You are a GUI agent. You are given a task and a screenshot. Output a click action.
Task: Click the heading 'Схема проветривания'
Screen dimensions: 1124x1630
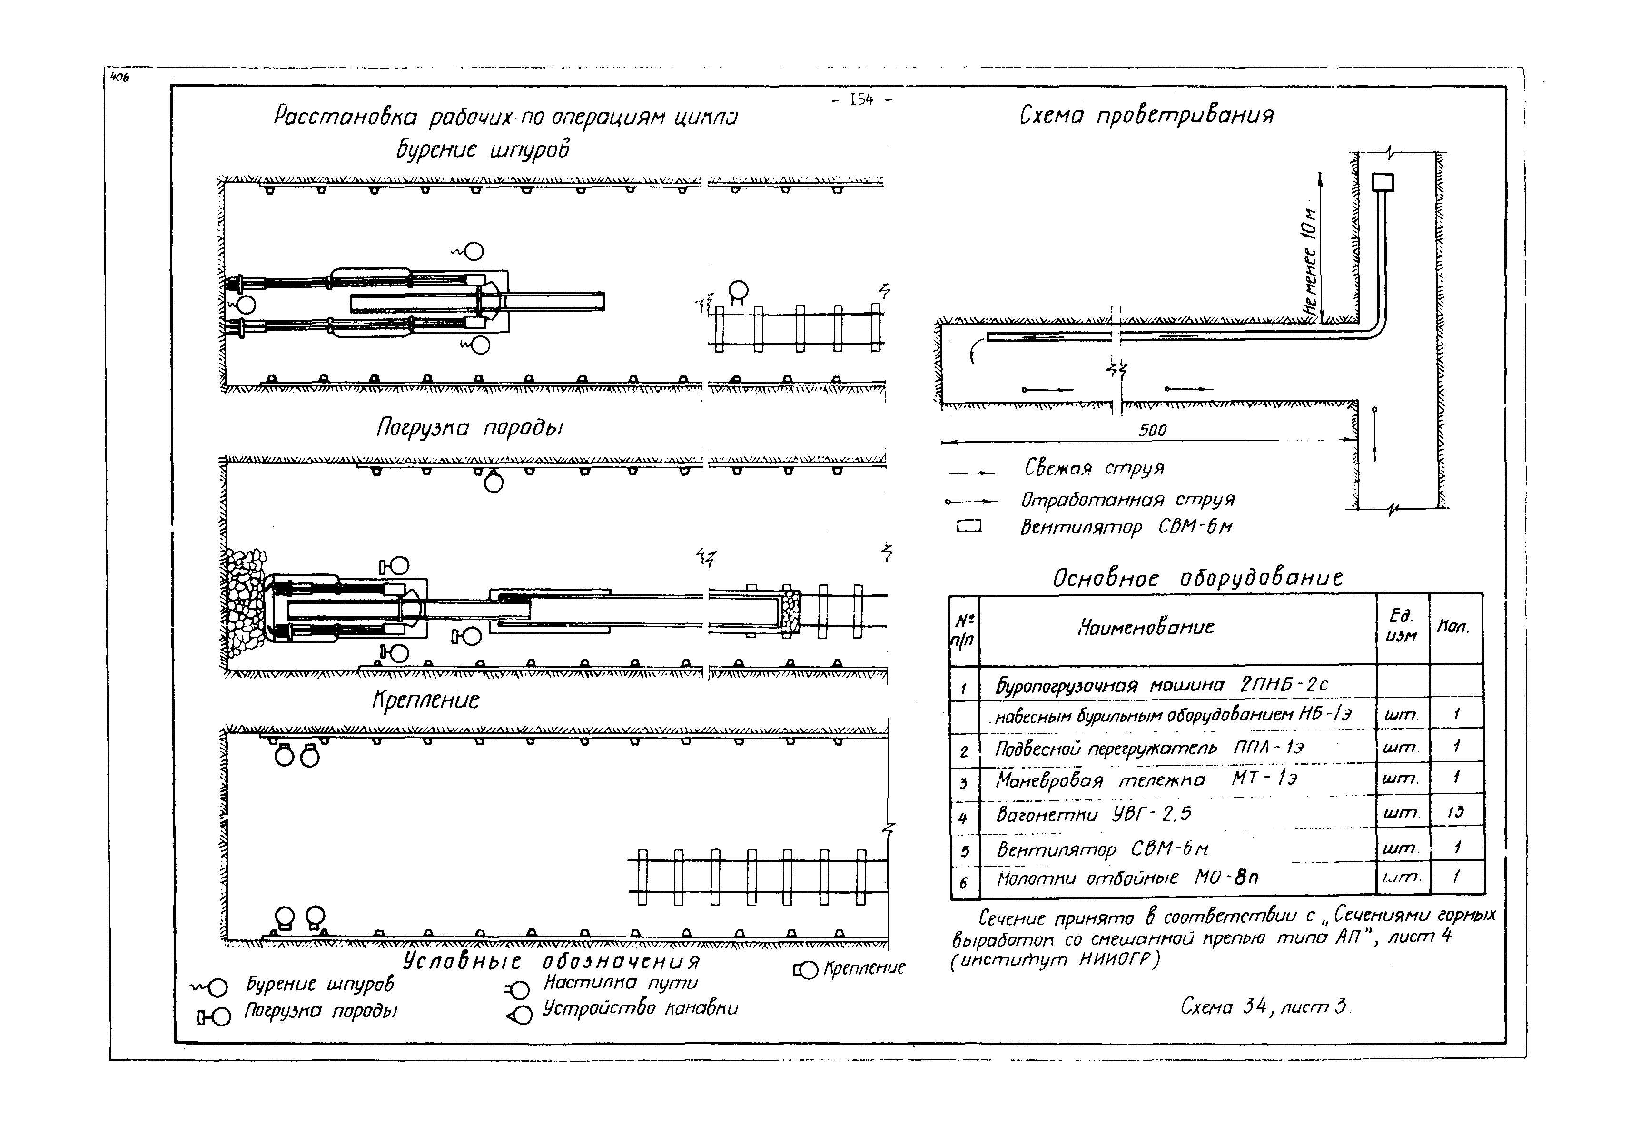(1146, 116)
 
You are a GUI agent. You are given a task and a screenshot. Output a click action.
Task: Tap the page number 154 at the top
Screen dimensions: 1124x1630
(861, 101)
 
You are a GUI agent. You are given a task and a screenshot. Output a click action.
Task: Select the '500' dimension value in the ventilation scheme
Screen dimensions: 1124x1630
(1152, 430)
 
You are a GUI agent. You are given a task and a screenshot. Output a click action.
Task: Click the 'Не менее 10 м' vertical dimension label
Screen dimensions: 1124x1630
(1310, 261)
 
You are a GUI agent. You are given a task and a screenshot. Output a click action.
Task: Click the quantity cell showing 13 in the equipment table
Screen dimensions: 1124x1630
(1455, 812)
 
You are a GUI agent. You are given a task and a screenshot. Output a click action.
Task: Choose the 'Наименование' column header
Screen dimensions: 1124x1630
(1146, 627)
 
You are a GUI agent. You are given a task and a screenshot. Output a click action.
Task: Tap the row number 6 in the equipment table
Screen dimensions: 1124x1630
(964, 882)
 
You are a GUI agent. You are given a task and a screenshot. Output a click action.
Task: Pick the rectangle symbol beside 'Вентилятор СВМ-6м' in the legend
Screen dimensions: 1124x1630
(968, 526)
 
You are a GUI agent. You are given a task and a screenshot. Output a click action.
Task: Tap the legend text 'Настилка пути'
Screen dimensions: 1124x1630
(620, 983)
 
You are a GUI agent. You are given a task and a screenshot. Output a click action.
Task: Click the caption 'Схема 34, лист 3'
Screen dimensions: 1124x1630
(1264, 1007)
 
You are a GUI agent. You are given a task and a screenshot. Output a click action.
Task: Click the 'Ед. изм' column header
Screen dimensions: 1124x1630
(1401, 626)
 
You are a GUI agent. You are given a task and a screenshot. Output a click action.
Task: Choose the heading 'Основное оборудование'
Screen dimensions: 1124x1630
(1197, 578)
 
